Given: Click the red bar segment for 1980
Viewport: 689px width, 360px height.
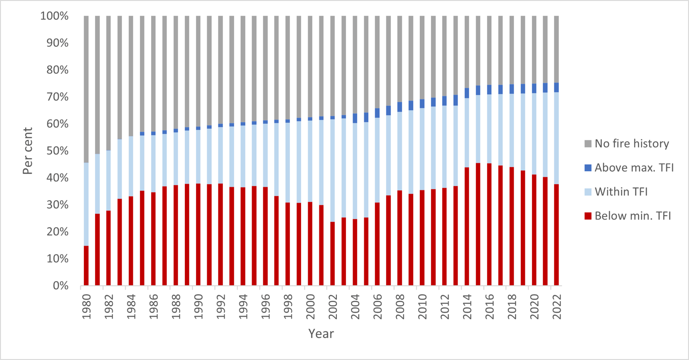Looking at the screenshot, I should [x=86, y=265].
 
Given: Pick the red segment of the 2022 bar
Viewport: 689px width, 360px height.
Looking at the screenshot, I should [x=556, y=234].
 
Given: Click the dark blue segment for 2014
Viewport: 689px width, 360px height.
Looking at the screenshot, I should [x=467, y=93].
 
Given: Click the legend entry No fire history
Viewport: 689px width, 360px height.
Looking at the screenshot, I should [x=632, y=144].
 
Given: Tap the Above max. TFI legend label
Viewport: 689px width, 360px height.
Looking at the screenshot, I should [x=634, y=168].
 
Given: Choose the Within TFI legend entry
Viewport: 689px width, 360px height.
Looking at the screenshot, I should [x=621, y=192].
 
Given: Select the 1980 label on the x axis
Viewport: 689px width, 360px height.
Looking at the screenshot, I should [x=86, y=306].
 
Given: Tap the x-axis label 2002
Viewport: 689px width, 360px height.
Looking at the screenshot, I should [x=332, y=306].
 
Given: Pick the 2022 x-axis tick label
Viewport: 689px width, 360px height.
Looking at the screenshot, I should [x=556, y=306].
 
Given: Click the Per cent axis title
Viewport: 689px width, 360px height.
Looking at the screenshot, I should [x=28, y=151].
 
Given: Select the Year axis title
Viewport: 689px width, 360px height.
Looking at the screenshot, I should [x=321, y=334].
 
